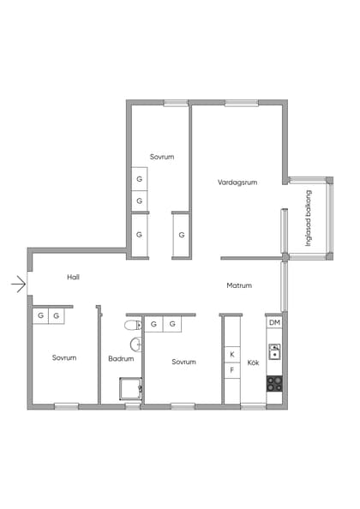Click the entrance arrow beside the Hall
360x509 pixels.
tap(19, 284)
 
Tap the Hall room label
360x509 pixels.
tap(74, 278)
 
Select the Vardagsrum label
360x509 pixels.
tap(237, 183)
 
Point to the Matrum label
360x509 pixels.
tap(239, 285)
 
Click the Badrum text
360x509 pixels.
tap(121, 359)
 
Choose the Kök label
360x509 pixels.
tap(253, 362)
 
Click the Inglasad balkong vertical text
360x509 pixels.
tap(309, 219)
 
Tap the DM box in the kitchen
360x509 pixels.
tap(274, 323)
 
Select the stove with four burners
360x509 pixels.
tap(274, 383)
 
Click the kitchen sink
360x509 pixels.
tap(274, 351)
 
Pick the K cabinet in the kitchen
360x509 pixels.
tap(232, 355)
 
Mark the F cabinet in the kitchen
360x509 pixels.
tap(232, 370)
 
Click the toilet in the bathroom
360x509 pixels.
tap(133, 325)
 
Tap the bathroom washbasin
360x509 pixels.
tap(135, 344)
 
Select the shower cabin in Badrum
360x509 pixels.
tap(130, 388)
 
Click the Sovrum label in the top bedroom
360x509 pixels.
tap(162, 157)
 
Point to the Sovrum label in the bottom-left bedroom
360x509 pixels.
tap(64, 357)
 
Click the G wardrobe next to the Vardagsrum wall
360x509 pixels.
tap(181, 235)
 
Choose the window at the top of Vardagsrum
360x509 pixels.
tap(242, 103)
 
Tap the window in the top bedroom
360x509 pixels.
tap(176, 103)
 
